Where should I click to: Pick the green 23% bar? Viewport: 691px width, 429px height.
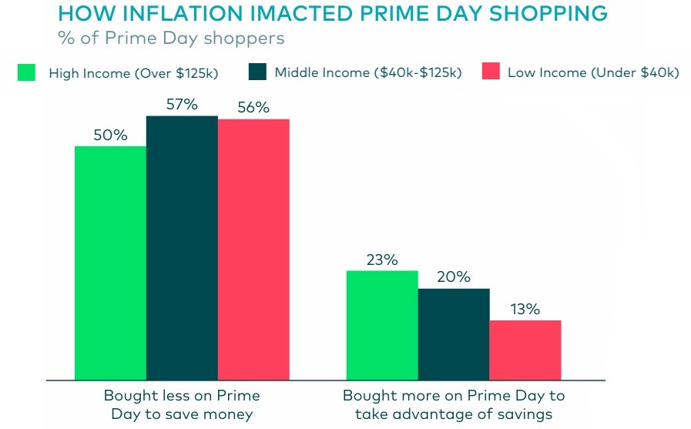point(382,324)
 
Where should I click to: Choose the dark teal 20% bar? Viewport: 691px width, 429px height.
point(454,333)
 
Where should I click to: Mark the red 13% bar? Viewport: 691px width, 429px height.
point(525,349)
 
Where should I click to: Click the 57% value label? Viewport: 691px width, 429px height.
point(182,103)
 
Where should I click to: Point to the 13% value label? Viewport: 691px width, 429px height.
point(525,309)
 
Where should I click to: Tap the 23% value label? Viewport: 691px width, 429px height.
point(381,260)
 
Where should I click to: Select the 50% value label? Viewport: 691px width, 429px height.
point(110,135)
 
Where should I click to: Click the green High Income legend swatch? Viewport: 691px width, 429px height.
point(28,72)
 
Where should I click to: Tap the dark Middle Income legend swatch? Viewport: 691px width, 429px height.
point(257,72)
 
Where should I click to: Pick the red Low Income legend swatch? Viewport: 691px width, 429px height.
point(491,72)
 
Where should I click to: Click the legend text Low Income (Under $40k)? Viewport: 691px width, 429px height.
point(593,73)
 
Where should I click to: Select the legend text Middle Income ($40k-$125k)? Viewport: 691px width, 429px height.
point(368,73)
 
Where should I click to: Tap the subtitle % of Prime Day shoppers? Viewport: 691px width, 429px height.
point(171,37)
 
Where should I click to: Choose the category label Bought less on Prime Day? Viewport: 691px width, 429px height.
point(182,404)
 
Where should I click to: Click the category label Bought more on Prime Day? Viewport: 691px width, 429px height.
point(454,404)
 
